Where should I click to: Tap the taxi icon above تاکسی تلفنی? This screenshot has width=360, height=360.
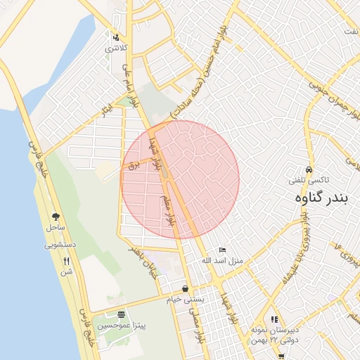[x=309, y=170]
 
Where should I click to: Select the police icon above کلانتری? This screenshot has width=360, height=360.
[x=116, y=37]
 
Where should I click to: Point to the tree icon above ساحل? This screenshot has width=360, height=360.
[x=56, y=217]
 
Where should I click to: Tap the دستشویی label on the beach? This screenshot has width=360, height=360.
[x=59, y=245]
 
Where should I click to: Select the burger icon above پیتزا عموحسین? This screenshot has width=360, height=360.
[x=122, y=315]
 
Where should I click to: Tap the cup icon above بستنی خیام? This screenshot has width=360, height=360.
[x=185, y=288]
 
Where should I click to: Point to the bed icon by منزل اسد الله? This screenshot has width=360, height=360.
[x=222, y=250]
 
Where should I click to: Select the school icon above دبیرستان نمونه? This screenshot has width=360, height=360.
[x=274, y=320]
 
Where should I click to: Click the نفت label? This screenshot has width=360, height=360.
[x=352, y=32]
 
